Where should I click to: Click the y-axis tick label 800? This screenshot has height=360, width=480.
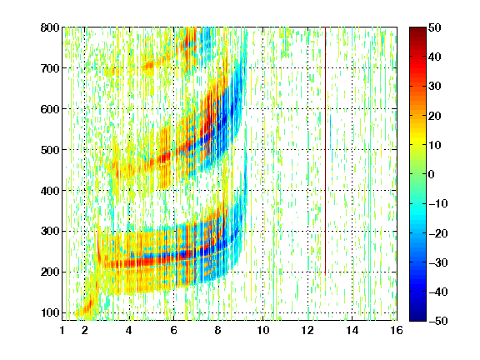[x=50, y=27]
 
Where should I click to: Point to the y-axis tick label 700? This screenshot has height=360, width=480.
[x=50, y=68]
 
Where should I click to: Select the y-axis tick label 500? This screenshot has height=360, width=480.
[x=50, y=150]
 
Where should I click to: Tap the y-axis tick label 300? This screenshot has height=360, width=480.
[x=50, y=232]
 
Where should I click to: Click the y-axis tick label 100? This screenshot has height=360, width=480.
[x=50, y=312]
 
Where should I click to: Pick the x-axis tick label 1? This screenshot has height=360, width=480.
[x=62, y=330]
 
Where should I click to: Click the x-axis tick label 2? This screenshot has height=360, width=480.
[x=85, y=330]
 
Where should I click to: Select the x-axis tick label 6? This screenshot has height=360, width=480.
[x=174, y=330]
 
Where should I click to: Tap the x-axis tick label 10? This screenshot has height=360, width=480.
[x=263, y=330]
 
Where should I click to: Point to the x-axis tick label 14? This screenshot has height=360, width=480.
[x=352, y=330]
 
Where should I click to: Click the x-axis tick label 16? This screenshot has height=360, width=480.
[x=397, y=330]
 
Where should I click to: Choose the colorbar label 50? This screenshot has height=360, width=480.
[x=434, y=27]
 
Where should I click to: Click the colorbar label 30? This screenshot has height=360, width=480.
[x=434, y=87]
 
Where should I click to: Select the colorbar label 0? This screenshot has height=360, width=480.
[x=432, y=174]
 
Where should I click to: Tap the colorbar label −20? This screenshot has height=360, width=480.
[x=438, y=233]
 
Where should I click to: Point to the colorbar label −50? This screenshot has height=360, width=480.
[x=438, y=321]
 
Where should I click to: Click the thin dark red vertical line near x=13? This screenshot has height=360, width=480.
[x=325, y=151]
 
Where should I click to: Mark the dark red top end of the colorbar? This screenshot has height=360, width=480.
[x=417, y=28]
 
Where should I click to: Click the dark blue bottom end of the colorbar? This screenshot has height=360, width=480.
[x=417, y=319]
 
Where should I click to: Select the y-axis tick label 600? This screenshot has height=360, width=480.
[x=50, y=109]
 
